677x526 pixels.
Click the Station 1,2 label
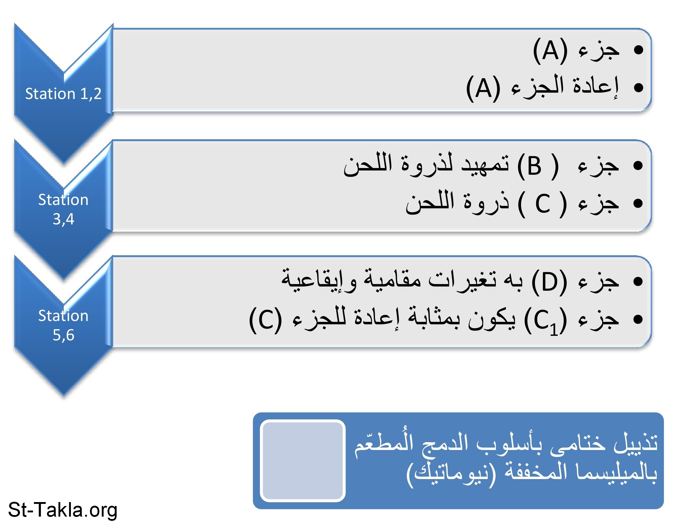click(63, 94)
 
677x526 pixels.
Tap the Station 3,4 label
click(63, 209)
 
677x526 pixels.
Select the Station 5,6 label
click(63, 325)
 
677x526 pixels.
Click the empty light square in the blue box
click(303, 461)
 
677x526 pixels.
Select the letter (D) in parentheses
click(549, 282)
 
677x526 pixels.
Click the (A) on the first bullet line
click(550, 51)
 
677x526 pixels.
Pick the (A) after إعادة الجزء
click(483, 88)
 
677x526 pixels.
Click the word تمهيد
click(486, 164)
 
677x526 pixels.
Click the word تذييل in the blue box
click(636, 443)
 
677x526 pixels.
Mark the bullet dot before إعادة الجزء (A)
click(639, 88)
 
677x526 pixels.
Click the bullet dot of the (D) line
click(639, 281)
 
